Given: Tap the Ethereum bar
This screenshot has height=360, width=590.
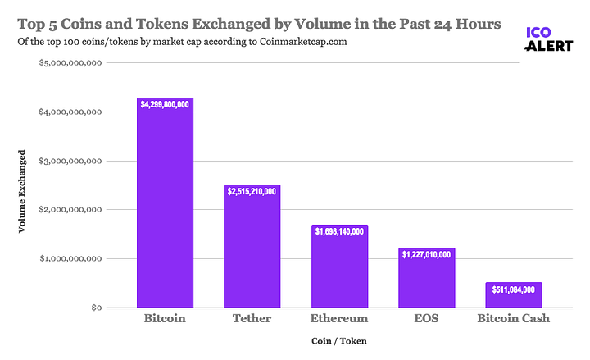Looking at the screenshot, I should (339, 271).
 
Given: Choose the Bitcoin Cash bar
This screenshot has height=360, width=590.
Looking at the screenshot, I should (513, 297).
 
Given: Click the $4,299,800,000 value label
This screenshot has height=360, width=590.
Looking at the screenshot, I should (165, 104).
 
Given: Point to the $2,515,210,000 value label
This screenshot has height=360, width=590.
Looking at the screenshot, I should (252, 191).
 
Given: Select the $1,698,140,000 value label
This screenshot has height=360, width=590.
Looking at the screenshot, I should (339, 231).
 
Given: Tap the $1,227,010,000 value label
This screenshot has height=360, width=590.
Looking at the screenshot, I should (426, 254).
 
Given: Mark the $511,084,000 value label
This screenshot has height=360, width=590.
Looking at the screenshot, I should (513, 289).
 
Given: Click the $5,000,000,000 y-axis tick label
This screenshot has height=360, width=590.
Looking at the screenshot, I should (70, 62).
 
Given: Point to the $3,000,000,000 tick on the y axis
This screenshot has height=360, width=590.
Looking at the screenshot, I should (70, 161).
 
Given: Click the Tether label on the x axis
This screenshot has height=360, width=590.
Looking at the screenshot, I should (252, 318).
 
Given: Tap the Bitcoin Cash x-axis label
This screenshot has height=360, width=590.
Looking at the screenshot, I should (513, 318).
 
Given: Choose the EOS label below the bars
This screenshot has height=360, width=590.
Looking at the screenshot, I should (426, 318).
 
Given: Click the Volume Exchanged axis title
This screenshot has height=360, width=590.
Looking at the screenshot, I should (22, 191).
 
